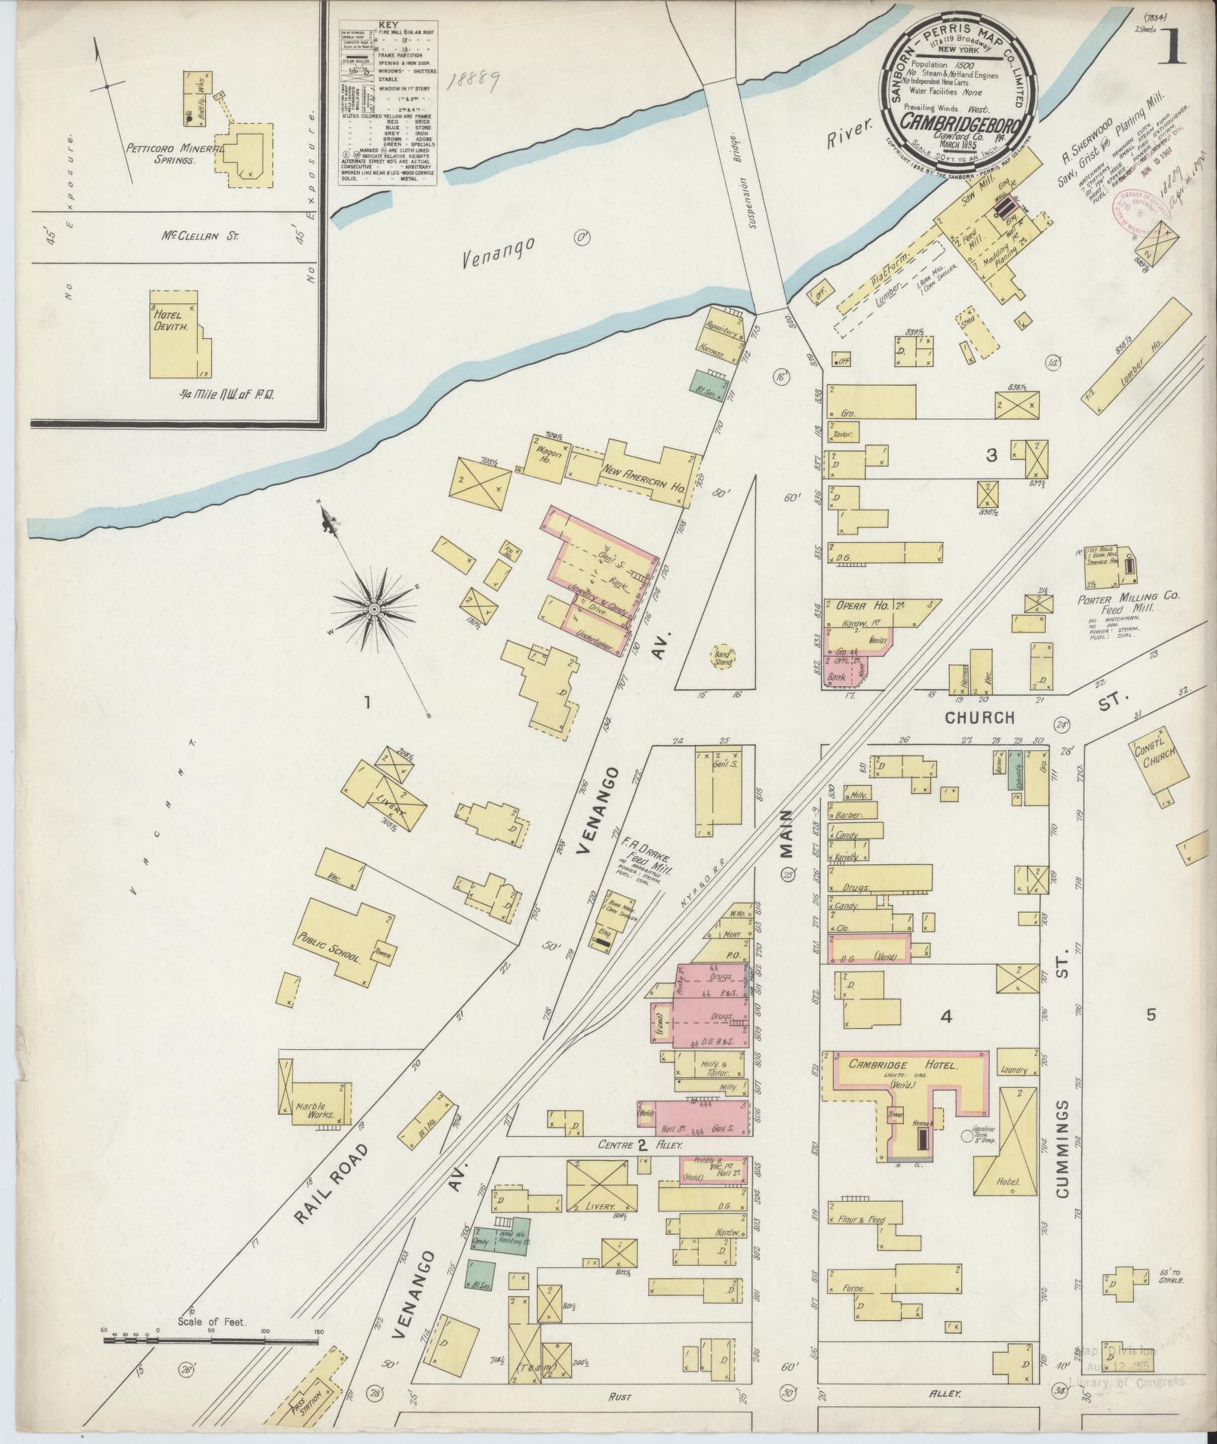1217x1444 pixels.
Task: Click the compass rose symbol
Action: point(374,608)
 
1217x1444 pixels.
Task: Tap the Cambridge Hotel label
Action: point(902,1067)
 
